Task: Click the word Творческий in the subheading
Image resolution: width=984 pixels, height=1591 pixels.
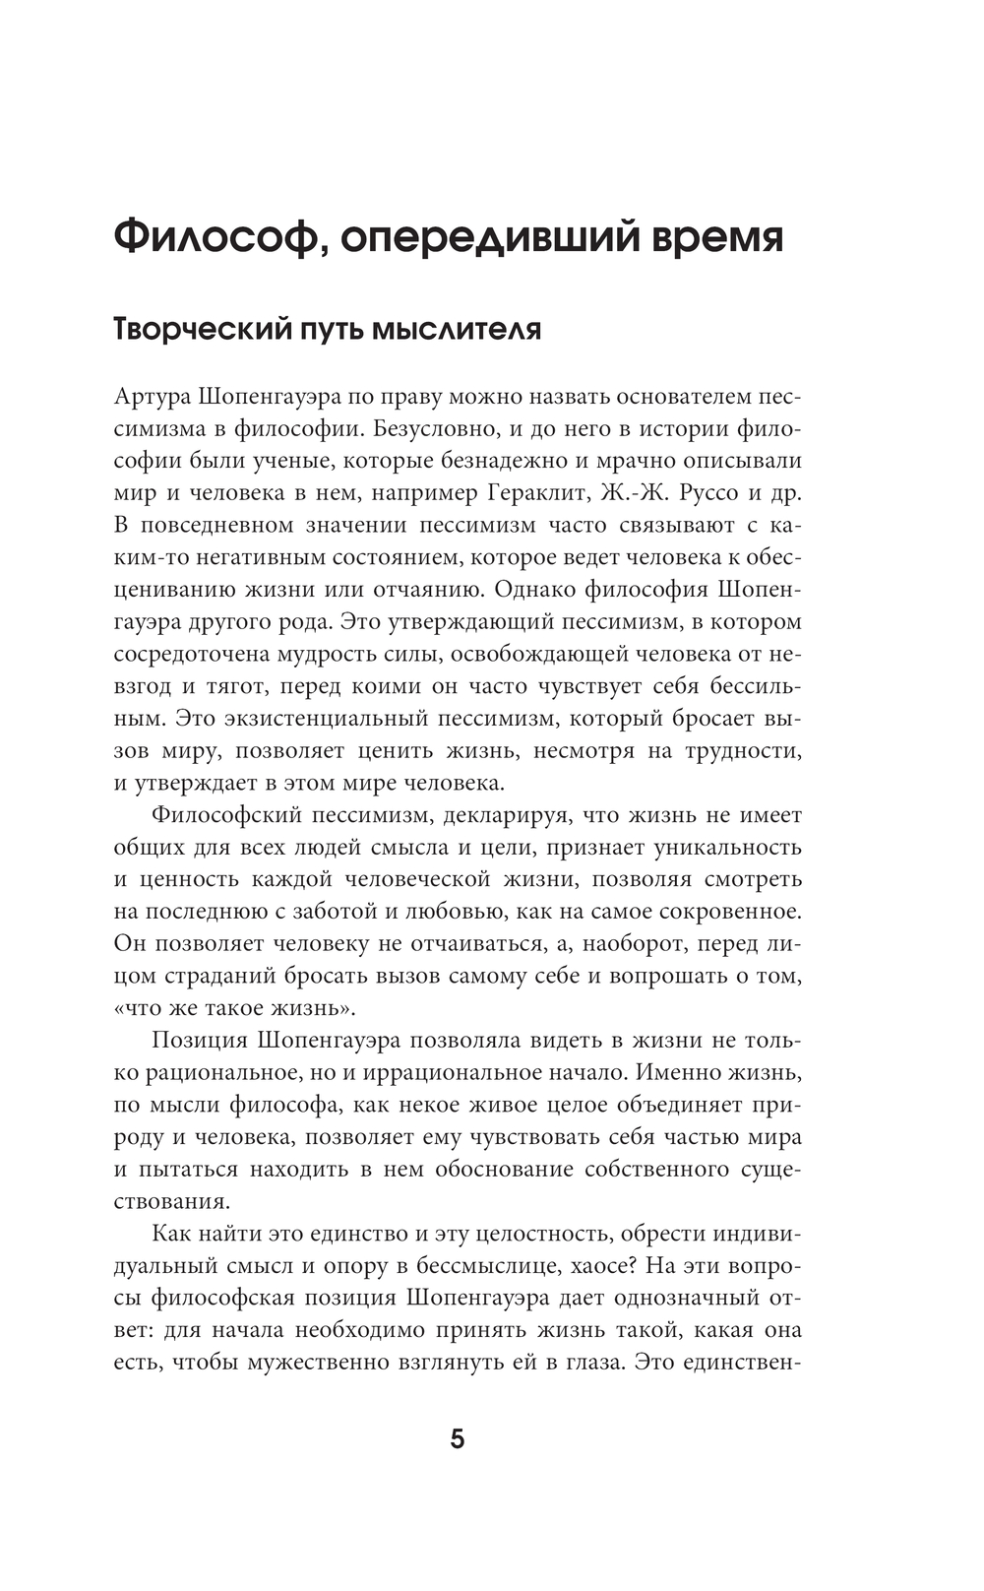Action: coord(195,329)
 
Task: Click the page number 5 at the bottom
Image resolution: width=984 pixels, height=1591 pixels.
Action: coord(457,1439)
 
